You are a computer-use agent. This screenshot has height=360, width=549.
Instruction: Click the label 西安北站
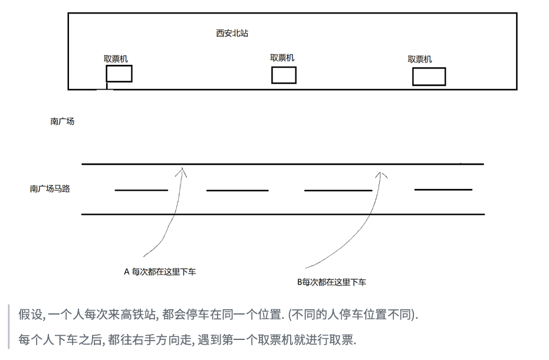click(x=232, y=34)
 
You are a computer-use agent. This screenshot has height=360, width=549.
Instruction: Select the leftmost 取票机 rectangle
click(x=119, y=74)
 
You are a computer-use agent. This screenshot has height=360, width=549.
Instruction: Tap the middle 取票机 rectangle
click(x=284, y=76)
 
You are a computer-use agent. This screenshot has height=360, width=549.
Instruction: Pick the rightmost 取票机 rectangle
click(x=429, y=77)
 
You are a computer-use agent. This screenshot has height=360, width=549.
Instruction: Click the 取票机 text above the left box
click(x=116, y=59)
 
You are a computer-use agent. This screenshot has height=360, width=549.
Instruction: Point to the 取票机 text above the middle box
click(x=282, y=58)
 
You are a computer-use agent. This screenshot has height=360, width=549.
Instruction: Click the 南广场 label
click(x=62, y=122)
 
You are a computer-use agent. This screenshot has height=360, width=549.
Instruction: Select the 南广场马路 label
click(x=50, y=189)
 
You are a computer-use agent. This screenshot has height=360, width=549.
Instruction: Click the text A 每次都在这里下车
click(x=160, y=272)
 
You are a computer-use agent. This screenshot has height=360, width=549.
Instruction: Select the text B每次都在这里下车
click(x=331, y=282)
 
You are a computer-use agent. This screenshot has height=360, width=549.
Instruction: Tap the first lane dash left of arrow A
click(x=141, y=190)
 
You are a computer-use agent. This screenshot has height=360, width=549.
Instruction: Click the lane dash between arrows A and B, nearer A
click(x=237, y=191)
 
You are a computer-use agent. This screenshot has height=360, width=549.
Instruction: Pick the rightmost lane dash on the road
click(x=443, y=189)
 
